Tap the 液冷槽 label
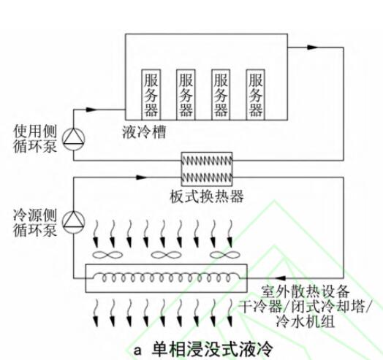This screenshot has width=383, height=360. click(x=144, y=132)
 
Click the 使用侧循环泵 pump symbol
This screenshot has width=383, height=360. click(x=74, y=139)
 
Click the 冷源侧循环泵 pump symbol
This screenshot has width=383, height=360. click(x=74, y=222)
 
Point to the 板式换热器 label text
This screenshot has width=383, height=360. click(x=207, y=196)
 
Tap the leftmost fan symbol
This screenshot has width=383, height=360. click(x=107, y=256)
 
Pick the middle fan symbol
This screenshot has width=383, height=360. click(x=166, y=256)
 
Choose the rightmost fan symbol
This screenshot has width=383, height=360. click(x=225, y=256)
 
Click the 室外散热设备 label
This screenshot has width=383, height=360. click(x=306, y=291)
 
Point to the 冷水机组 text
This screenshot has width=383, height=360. click(x=306, y=321)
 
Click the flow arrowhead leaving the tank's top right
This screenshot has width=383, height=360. click(x=313, y=47)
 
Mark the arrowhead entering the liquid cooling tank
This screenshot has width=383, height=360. click(x=92, y=110)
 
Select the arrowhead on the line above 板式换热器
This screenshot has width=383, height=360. click(x=141, y=177)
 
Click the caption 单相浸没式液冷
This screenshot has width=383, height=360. click(x=212, y=349)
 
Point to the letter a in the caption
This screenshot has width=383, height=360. click(x=137, y=351)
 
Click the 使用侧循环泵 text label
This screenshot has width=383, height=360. click(x=35, y=139)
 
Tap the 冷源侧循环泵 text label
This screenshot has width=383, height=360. click(x=35, y=222)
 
